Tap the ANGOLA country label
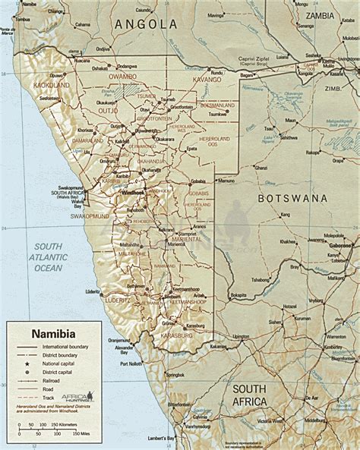tap(145, 24)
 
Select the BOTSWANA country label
tap(292, 198)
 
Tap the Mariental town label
tap(176, 244)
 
